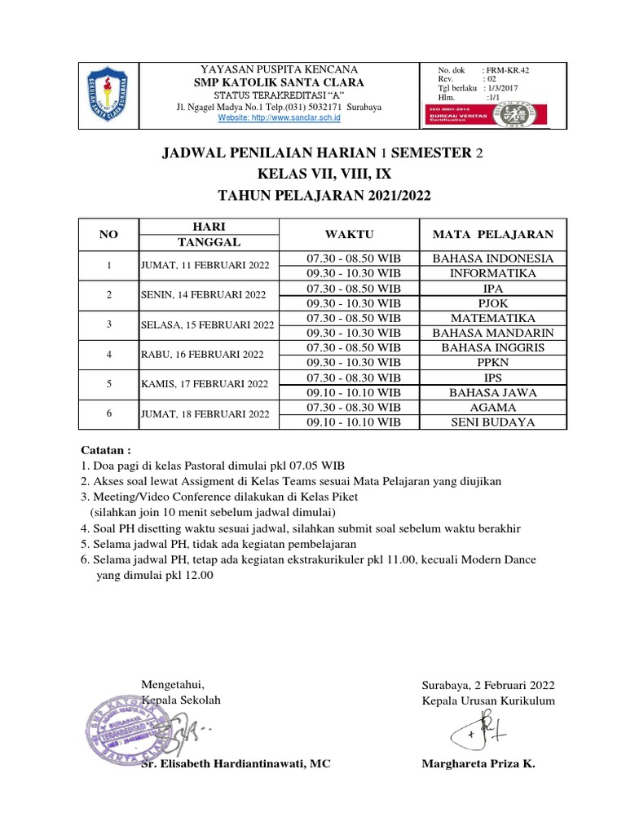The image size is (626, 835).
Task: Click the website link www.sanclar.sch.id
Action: pos(279,118)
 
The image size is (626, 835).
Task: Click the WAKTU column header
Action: pos(349,235)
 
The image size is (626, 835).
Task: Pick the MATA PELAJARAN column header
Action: pos(492,235)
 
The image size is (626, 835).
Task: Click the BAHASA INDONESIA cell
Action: pos(492,258)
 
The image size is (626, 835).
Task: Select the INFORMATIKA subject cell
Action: pos(492,273)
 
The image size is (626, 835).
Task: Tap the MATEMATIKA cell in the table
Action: pos(492,318)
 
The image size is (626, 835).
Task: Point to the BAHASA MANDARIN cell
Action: pos(492,333)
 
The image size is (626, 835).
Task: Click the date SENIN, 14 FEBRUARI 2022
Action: pos(204,294)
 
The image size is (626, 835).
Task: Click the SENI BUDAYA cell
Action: pos(492,422)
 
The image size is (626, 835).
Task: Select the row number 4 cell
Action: pos(108,354)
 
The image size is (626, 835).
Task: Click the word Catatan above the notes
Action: pos(105,449)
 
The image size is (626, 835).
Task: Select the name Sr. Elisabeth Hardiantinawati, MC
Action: pos(236,764)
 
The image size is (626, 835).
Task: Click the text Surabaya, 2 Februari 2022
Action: pos(487,685)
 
